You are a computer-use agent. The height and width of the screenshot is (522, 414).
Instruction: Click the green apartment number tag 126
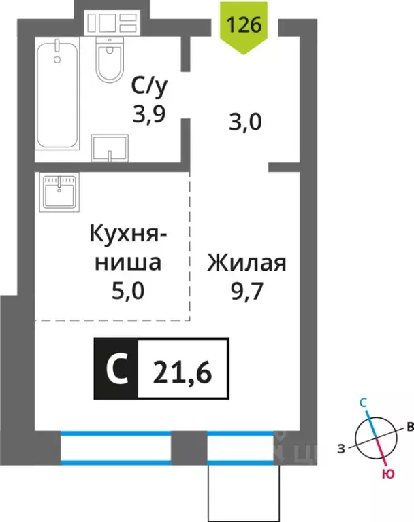(249, 27)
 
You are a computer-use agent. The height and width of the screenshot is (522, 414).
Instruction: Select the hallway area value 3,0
(244, 123)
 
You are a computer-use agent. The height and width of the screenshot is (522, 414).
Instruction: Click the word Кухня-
(127, 235)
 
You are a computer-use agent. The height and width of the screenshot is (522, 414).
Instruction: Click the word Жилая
(247, 262)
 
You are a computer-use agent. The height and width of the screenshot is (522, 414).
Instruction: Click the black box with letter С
(116, 368)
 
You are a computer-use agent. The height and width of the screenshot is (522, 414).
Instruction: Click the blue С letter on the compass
(364, 404)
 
